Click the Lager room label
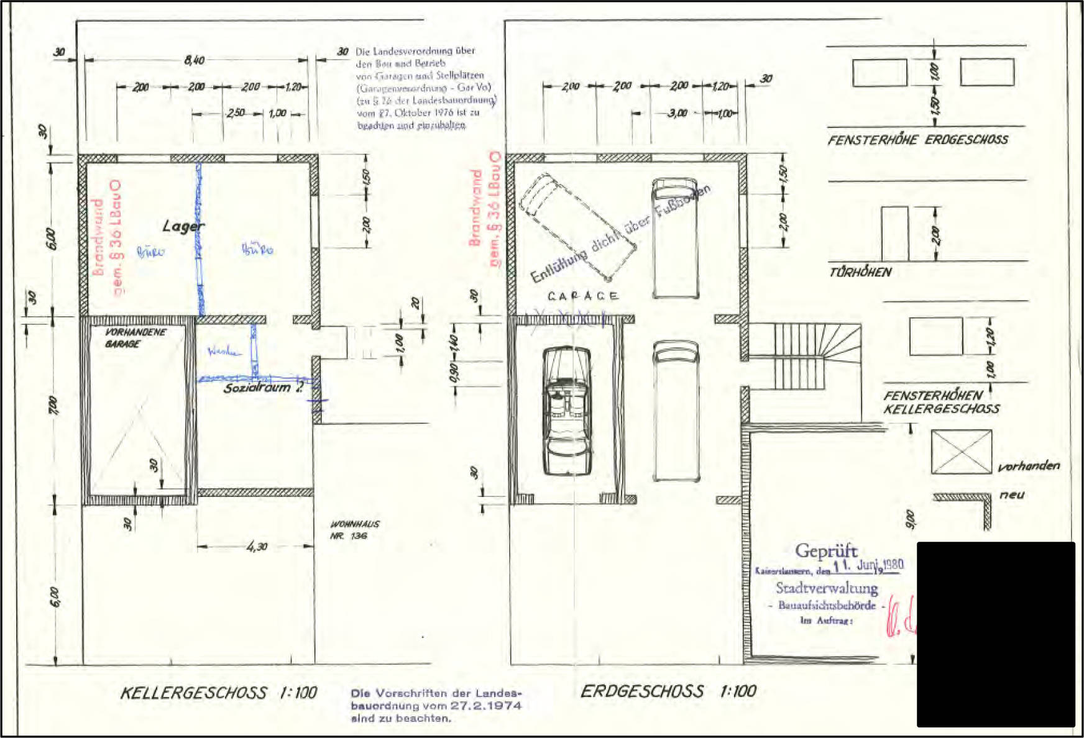[183, 226]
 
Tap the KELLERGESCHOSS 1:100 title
[218, 693]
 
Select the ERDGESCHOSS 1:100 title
[668, 691]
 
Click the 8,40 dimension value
[194, 60]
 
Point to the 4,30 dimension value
[257, 547]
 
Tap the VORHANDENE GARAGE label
[134, 338]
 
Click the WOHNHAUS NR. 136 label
[354, 530]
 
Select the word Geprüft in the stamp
[826, 550]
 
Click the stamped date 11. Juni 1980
[868, 565]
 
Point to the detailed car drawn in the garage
[566, 411]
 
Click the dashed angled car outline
[577, 226]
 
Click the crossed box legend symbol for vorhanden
[961, 452]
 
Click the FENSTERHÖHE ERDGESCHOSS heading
[917, 140]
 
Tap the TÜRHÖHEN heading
[860, 272]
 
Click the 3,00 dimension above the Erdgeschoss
[677, 113]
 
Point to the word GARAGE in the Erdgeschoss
[583, 296]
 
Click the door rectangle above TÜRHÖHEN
[894, 234]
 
